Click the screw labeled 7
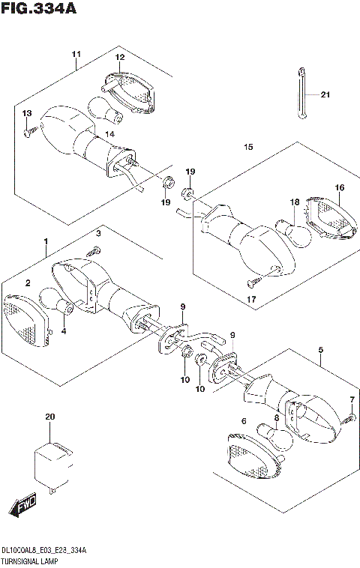point(348,417)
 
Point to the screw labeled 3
point(92,250)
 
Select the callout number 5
point(320,350)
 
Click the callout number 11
point(76,54)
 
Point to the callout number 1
point(46,242)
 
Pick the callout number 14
point(109,133)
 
